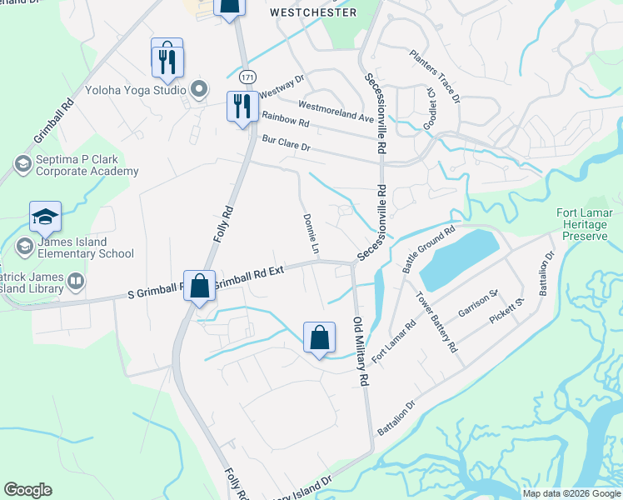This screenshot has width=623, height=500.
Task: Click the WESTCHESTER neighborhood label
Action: point(314,12)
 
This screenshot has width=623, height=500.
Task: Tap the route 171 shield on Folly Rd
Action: point(247,77)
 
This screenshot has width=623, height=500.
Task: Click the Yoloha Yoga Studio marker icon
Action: point(198,89)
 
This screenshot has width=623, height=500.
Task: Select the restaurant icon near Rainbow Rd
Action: point(242,107)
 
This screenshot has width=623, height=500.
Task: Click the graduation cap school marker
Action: point(45,219)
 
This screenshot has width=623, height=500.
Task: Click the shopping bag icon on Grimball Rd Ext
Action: point(200,287)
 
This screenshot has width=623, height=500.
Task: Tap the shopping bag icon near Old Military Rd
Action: point(319,338)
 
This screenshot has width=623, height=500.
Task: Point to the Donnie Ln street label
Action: point(310,234)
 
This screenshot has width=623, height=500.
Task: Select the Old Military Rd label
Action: point(361,351)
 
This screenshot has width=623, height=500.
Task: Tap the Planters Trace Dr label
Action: point(435,75)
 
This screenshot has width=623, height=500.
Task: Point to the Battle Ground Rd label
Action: point(428,248)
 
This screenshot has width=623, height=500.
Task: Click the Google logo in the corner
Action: point(27,490)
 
